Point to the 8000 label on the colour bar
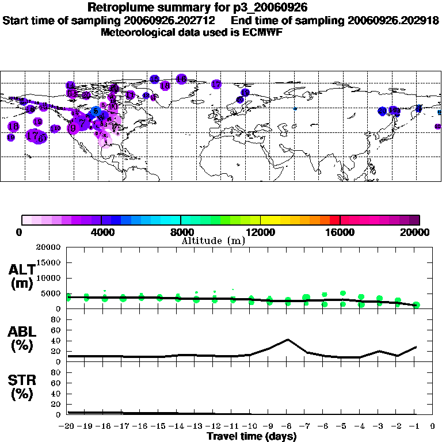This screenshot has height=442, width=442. click(x=180, y=233)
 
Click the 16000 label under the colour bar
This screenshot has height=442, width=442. click(x=340, y=233)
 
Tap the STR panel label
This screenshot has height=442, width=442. click(x=22, y=387)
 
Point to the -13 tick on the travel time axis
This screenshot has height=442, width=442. click(x=196, y=426)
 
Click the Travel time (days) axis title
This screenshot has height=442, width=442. click(x=252, y=436)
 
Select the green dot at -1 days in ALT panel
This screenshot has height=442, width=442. click(x=416, y=305)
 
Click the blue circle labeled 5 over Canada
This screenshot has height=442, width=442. click(x=96, y=111)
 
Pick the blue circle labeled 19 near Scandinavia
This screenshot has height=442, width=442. click(x=245, y=92)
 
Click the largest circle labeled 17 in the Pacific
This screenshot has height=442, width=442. click(x=36, y=136)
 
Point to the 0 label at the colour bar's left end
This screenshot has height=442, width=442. click(x=20, y=233)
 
